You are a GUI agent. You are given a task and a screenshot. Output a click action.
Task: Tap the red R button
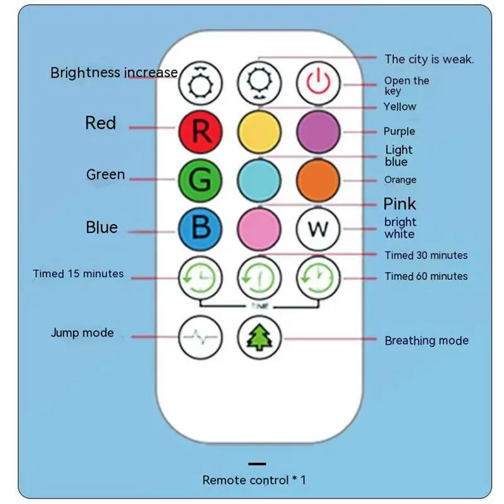200,131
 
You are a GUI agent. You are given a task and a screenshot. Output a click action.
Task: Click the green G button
200,180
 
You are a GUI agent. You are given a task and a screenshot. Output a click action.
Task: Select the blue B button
200,227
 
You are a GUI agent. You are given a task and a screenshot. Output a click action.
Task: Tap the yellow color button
259,131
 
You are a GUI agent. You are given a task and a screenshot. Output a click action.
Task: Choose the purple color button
318,131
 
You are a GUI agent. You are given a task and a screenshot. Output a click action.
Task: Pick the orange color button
318,180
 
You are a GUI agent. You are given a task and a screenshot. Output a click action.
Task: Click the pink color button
259,227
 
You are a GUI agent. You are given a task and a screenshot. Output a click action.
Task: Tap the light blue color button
259,180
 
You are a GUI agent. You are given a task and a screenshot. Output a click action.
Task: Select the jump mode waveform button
200,336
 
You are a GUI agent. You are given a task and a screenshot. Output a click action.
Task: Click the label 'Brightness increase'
114,72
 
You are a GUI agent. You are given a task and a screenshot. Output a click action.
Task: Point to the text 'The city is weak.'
429,59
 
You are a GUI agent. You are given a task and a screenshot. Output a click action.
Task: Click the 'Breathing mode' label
427,340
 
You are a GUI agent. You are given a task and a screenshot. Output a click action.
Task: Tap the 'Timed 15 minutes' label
78,273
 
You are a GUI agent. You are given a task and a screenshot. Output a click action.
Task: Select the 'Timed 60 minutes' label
426,276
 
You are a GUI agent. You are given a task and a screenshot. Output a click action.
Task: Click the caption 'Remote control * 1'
253,479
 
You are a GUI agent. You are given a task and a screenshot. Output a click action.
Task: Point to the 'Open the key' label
406,86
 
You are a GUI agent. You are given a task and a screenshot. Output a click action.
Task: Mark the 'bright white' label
400,227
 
